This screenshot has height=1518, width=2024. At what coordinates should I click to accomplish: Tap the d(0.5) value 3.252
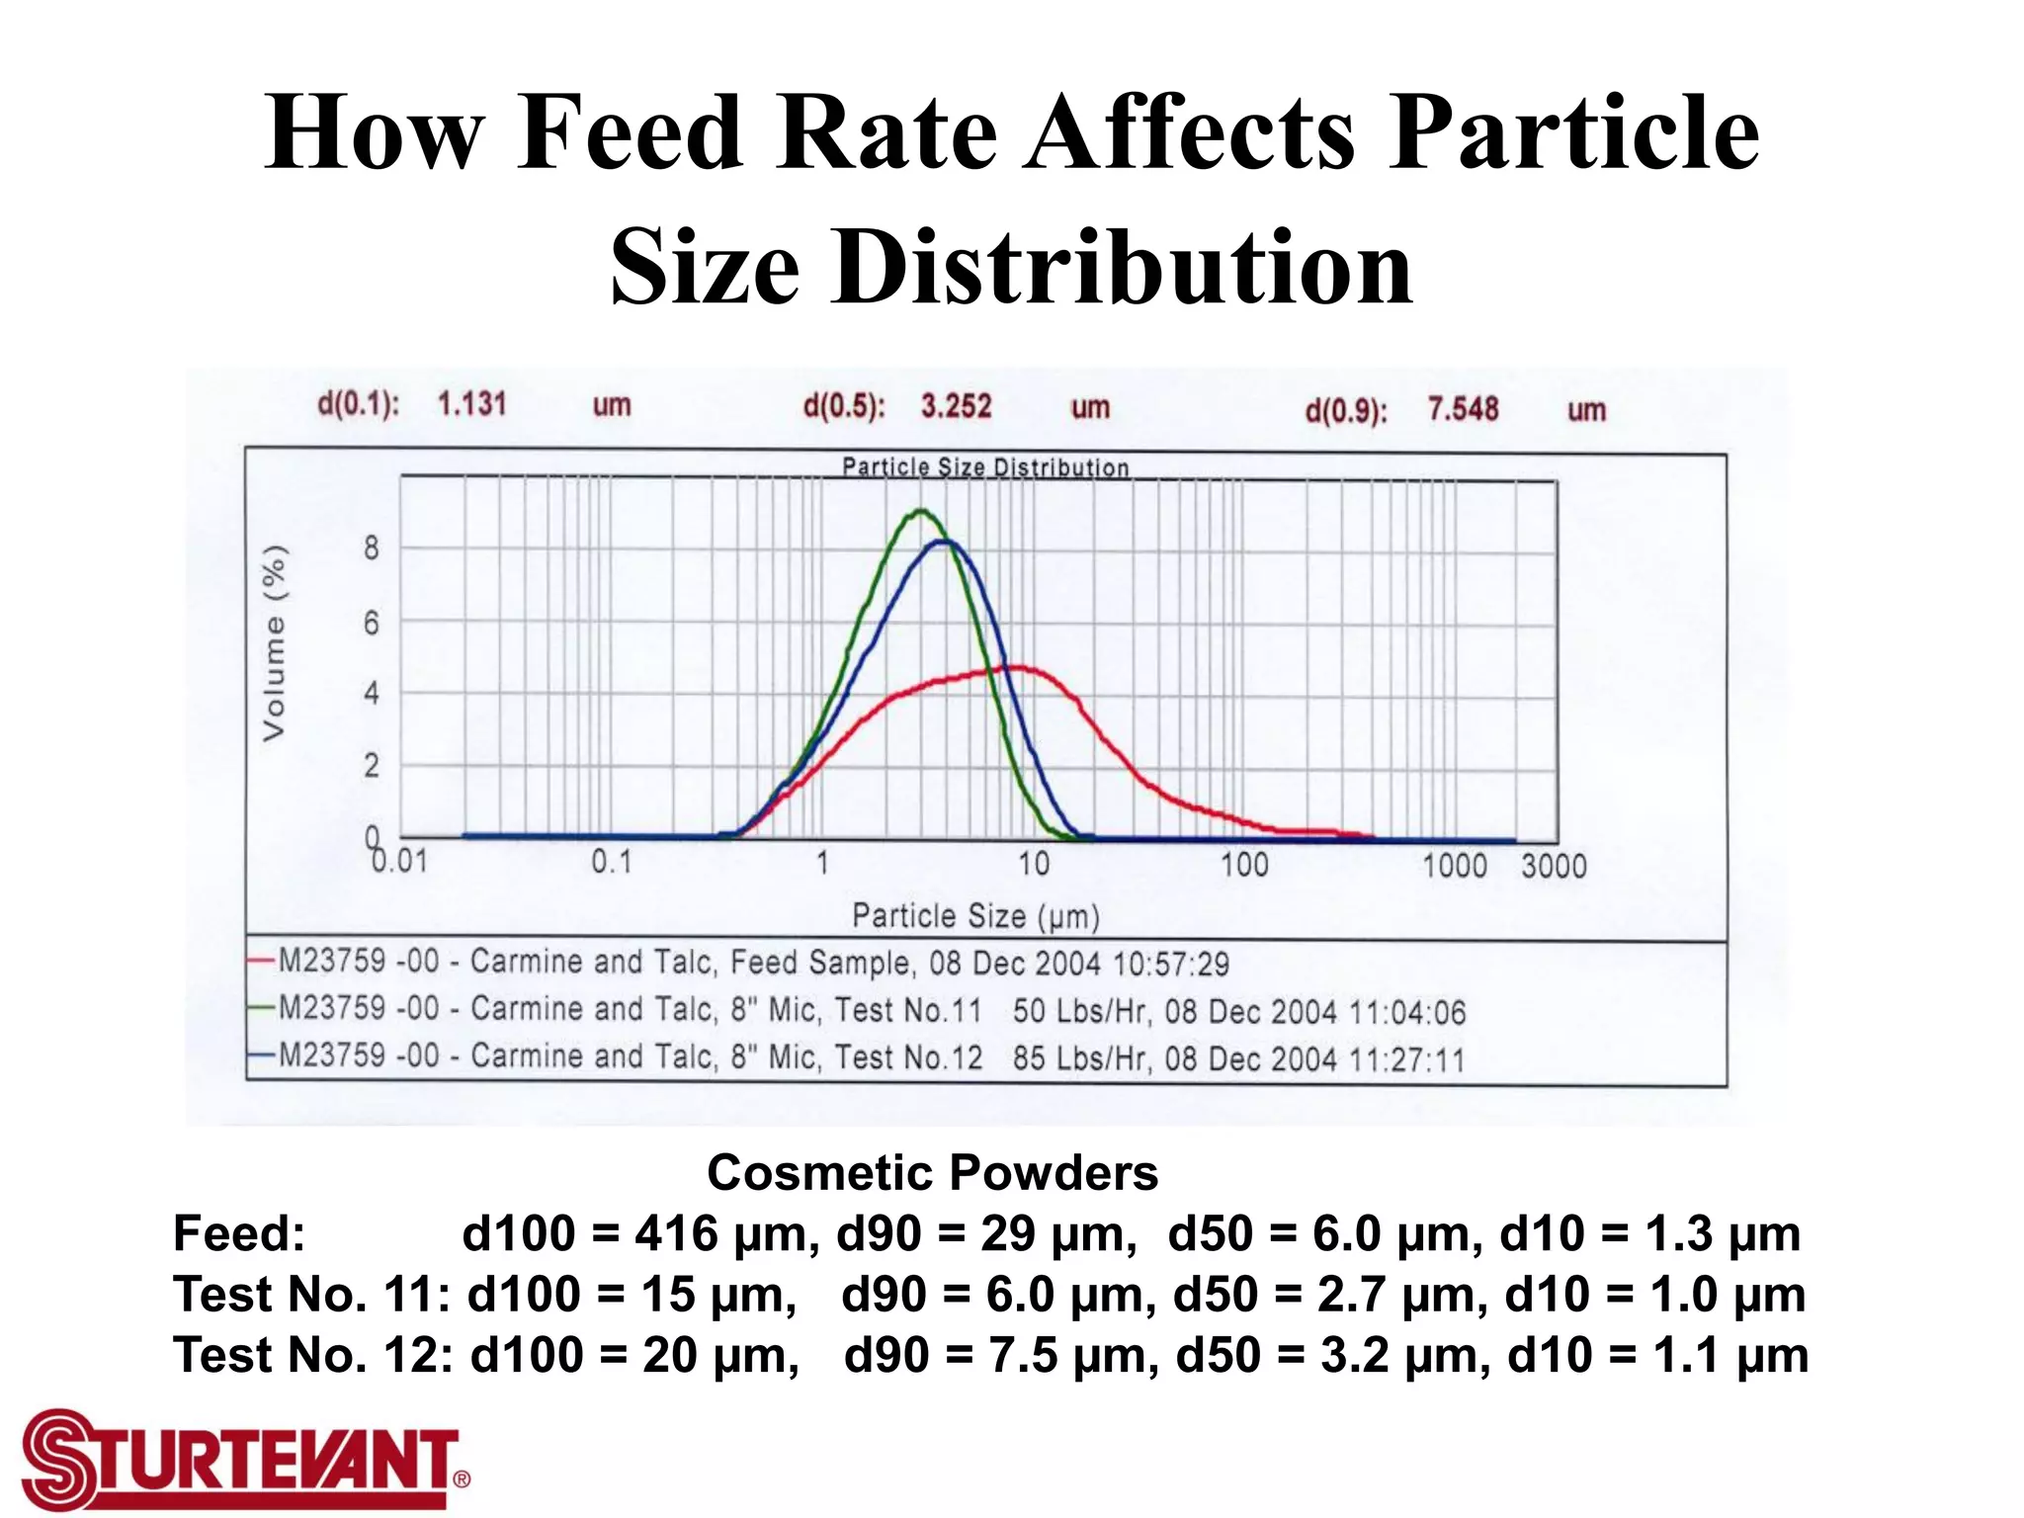pyautogui.click(x=956, y=406)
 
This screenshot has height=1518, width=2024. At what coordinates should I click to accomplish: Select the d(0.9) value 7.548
pyautogui.click(x=1463, y=409)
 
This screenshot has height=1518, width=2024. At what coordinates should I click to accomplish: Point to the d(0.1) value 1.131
pyautogui.click(x=471, y=403)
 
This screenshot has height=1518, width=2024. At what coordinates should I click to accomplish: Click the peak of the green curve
pyautogui.click(x=921, y=511)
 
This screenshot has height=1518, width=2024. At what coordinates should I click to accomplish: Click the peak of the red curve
pyautogui.click(x=1018, y=668)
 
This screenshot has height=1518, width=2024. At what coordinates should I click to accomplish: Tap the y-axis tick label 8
pyautogui.click(x=372, y=548)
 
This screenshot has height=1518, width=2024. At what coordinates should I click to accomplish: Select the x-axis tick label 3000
pyautogui.click(x=1553, y=867)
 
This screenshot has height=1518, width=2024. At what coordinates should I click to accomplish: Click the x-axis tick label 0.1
pyautogui.click(x=611, y=863)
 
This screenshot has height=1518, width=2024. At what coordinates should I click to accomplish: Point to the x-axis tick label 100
pyautogui.click(x=1243, y=866)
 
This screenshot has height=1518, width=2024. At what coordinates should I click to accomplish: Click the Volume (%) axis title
pyautogui.click(x=275, y=642)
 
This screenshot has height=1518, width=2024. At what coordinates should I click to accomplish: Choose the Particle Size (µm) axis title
pyautogui.click(x=975, y=916)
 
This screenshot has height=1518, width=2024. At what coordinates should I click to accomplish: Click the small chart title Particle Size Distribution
pyautogui.click(x=984, y=467)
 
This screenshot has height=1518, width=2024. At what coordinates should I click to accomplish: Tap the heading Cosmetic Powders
pyautogui.click(x=932, y=1173)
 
